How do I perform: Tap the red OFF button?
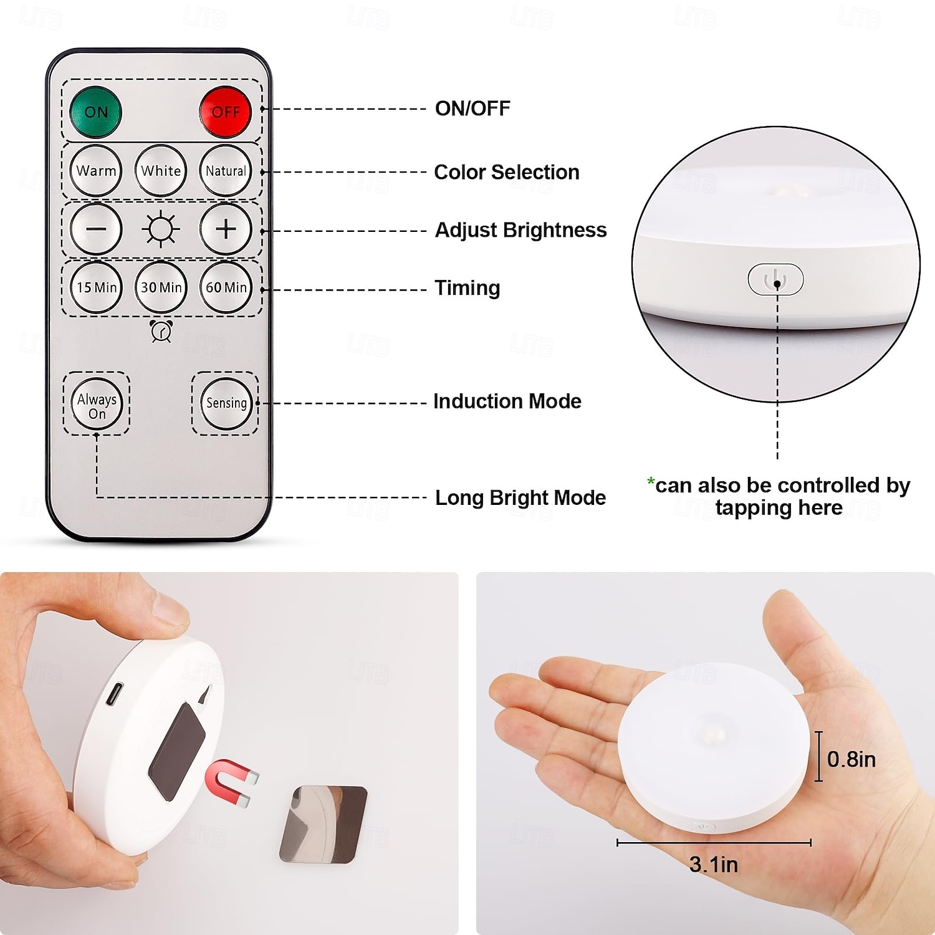point(225,112)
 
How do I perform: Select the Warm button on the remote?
point(96,171)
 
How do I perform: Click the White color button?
point(161,171)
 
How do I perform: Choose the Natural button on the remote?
point(226,171)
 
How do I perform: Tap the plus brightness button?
point(226,229)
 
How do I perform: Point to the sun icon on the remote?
point(161,229)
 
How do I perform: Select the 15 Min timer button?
point(96,287)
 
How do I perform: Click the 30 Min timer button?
point(161,287)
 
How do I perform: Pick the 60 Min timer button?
point(226,287)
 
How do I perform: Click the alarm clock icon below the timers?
point(161,331)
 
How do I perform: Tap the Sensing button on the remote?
point(226,403)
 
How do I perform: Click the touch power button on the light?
point(775,279)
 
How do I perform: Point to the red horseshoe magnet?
point(229,782)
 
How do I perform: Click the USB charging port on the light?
point(113,694)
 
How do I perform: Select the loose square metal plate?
point(323,824)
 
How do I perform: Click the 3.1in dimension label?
point(714,865)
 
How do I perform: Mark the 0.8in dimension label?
point(851,759)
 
